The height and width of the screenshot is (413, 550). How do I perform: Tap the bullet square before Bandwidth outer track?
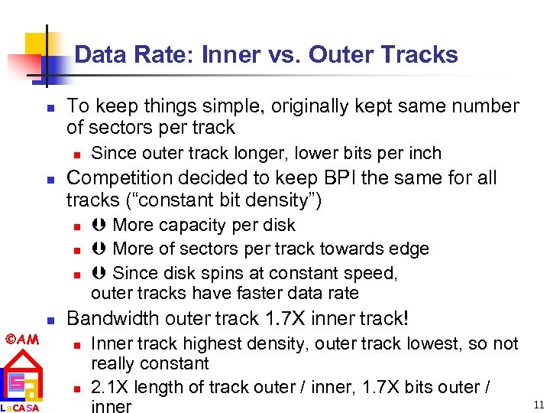(47, 320)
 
